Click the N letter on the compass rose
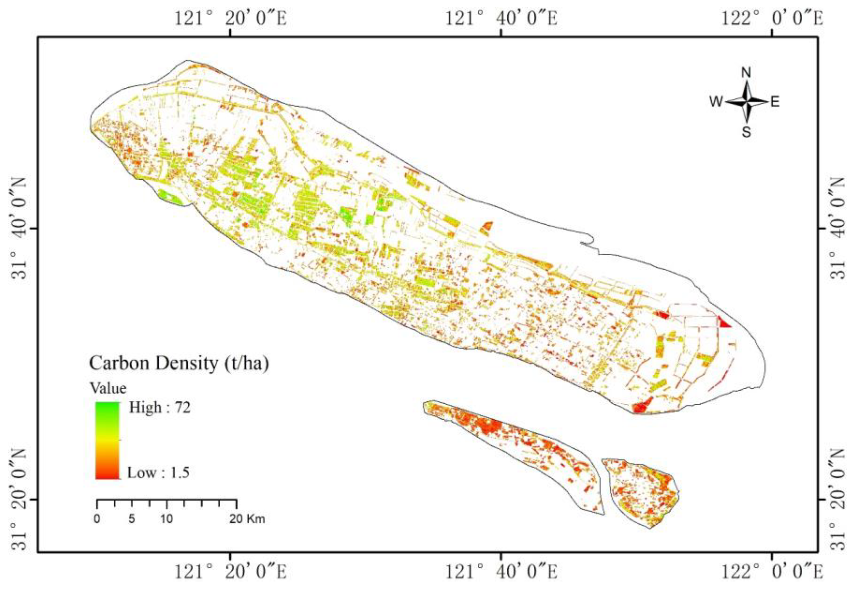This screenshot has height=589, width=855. click(746, 73)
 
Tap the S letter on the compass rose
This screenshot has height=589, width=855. click(746, 132)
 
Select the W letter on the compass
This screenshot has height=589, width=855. click(716, 101)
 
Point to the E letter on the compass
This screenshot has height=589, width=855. click(775, 101)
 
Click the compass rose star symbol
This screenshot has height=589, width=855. click(746, 101)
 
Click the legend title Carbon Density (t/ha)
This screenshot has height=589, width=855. click(179, 363)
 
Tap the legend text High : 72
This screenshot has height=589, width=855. click(159, 407)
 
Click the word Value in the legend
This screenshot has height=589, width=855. click(109, 388)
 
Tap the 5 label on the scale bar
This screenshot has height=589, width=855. click(132, 519)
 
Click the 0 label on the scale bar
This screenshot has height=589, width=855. click(97, 519)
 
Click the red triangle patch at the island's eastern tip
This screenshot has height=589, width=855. click(724, 323)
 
